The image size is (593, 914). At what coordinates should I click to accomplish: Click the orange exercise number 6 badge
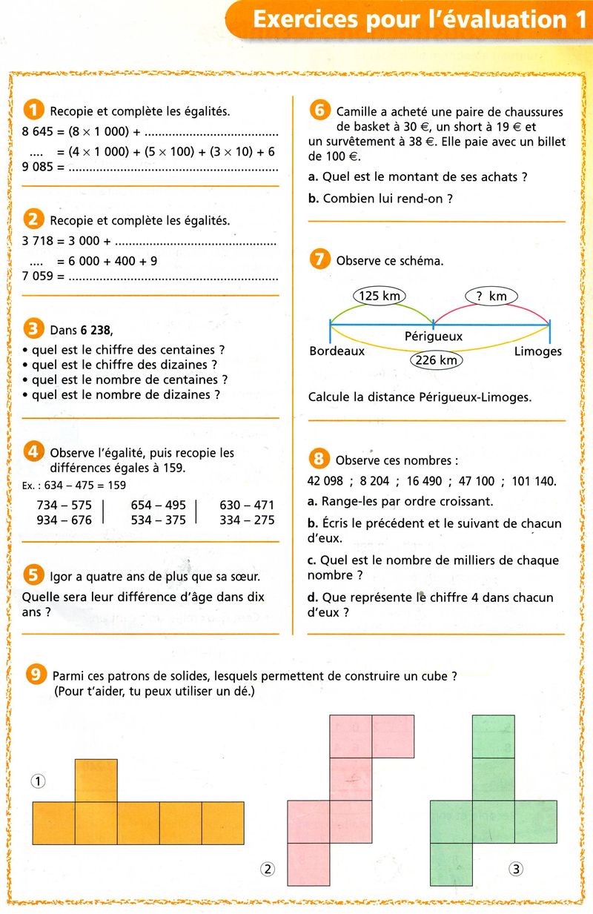(319, 110)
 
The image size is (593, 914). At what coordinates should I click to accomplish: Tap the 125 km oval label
(380, 297)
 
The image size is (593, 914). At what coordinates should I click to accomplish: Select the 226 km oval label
(436, 360)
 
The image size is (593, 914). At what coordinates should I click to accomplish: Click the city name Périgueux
(434, 337)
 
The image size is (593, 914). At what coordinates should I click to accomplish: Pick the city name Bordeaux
(337, 351)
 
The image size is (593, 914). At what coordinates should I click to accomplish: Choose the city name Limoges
(537, 351)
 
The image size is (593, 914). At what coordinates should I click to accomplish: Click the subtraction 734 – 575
(64, 505)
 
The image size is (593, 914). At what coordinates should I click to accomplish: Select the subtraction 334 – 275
(247, 520)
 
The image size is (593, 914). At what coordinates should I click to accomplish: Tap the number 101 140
(533, 481)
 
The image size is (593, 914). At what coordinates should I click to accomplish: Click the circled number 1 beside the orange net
(39, 780)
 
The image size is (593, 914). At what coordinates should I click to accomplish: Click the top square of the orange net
(96, 780)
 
